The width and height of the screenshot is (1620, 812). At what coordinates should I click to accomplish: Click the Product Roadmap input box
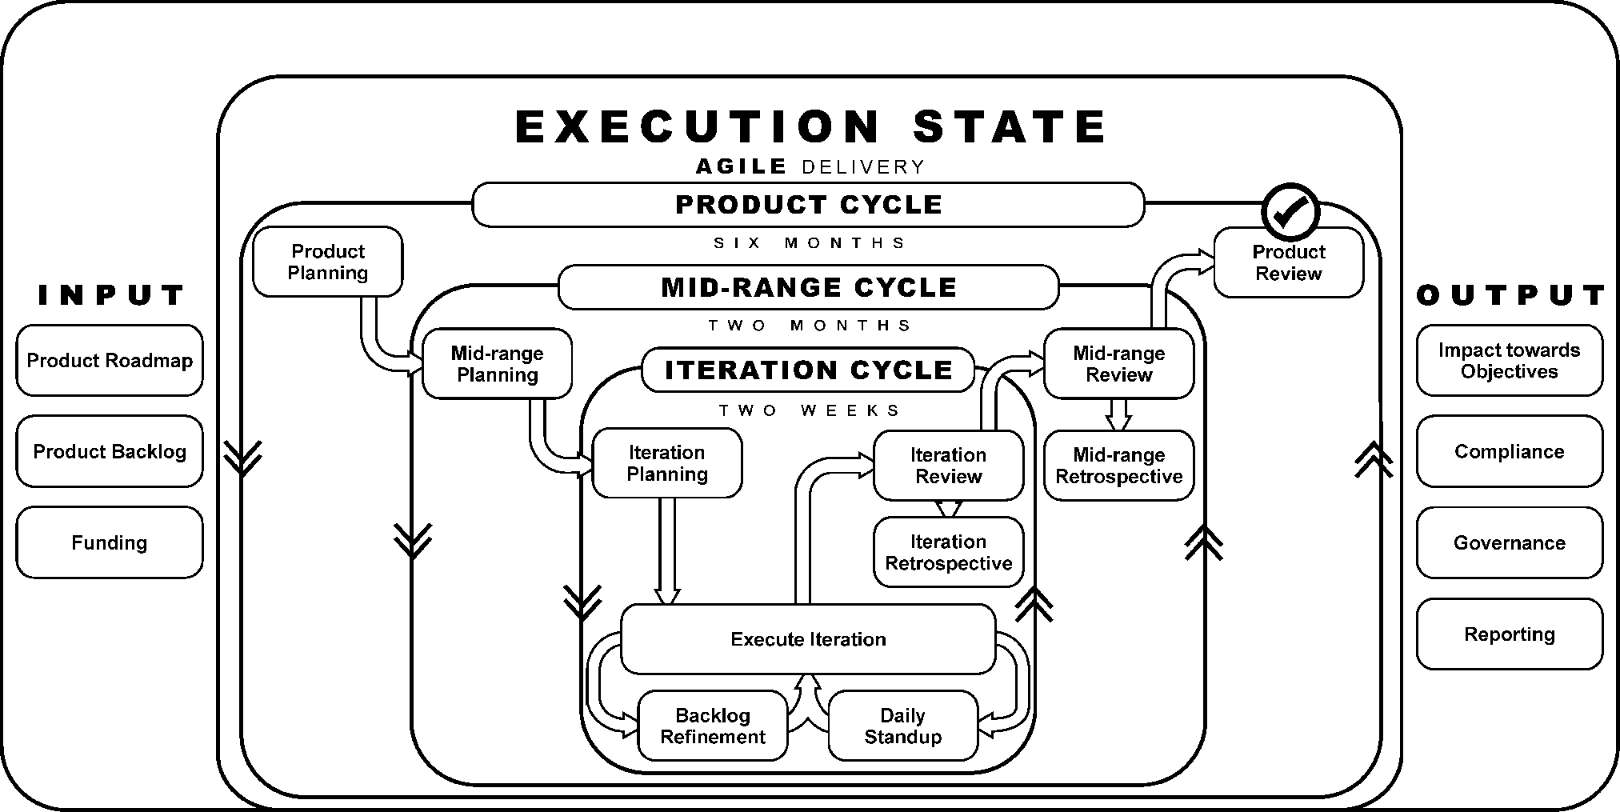pos(110,360)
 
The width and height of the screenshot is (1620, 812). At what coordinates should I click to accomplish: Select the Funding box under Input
pos(110,542)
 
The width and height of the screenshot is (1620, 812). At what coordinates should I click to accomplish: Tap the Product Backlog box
pos(110,451)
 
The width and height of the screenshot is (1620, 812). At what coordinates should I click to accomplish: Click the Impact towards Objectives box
pos(1509,360)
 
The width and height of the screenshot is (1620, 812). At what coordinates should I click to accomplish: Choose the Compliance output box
pos(1509,451)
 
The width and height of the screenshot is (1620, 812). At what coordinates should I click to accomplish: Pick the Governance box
pos(1509,542)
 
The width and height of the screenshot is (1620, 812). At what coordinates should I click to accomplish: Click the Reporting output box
pos(1509,634)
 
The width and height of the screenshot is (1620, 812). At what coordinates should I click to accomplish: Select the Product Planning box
pos(328,262)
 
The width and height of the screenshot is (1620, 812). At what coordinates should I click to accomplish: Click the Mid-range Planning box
pos(497,364)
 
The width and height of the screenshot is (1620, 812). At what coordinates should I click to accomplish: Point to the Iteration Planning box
pos(666,463)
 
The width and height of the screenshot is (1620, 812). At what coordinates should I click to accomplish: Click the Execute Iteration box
pos(808,638)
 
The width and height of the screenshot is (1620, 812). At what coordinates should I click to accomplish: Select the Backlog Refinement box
pos(712,726)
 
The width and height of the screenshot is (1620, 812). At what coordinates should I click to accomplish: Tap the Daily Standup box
pos(902,726)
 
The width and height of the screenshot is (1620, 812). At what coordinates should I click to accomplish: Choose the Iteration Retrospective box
pos(948,552)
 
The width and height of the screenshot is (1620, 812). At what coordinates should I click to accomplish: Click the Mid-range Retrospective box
pos(1118,466)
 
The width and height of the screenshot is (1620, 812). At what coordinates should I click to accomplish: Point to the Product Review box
pos(1288,262)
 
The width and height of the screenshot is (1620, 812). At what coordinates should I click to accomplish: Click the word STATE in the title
pos(1010,126)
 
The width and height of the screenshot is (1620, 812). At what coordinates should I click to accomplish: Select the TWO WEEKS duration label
pos(809,410)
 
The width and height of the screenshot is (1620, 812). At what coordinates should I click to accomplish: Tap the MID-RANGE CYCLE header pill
pos(808,287)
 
